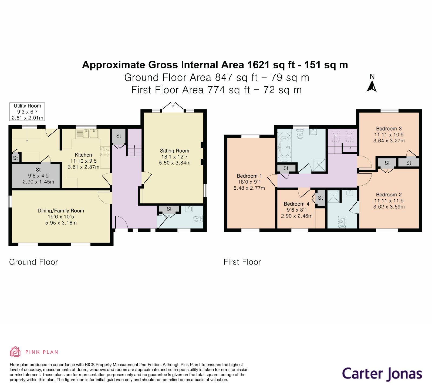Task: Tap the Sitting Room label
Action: pyautogui.click(x=174, y=151)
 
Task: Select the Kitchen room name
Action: pyautogui.click(x=83, y=155)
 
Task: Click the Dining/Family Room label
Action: pyautogui.click(x=61, y=211)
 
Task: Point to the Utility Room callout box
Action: pyautogui.click(x=27, y=112)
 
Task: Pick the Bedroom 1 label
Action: pyautogui.click(x=249, y=176)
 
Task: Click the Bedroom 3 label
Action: pyautogui.click(x=389, y=129)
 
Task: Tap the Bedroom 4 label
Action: pyautogui.click(x=296, y=204)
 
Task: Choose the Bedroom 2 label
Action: pyautogui.click(x=389, y=195)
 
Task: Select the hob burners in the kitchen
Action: pyautogui.click(x=105, y=152)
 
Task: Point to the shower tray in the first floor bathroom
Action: pyautogui.click(x=319, y=165)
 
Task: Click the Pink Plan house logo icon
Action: pyautogui.click(x=15, y=352)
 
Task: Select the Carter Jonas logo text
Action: pyautogui.click(x=382, y=374)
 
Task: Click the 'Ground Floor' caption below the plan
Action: pyautogui.click(x=33, y=262)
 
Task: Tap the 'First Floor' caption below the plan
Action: pyautogui.click(x=242, y=262)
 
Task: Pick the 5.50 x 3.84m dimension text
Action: pyautogui.click(x=175, y=163)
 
